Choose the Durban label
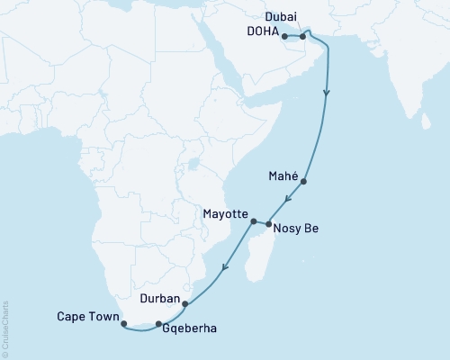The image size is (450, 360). click(159, 295)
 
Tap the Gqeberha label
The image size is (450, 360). click(191, 330)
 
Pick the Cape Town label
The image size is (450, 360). click(88, 316)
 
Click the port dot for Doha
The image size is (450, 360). click(284, 37)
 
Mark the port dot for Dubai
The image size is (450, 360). click(303, 36)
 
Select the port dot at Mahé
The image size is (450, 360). click(304, 182)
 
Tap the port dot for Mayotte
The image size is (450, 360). click(254, 220)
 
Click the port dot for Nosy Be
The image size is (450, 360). click(268, 222)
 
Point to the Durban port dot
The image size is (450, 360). click(185, 304)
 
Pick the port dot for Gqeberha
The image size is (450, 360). click(158, 324)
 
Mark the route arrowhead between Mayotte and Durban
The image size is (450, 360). click(224, 265)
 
